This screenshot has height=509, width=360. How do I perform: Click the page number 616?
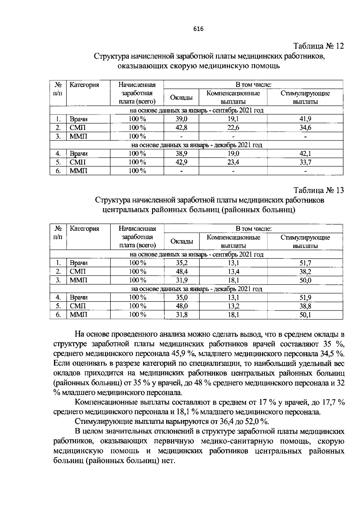tap(198, 29)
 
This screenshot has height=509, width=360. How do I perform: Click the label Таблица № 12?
tap(318, 46)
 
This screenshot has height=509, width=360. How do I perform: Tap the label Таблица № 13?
tap(318, 190)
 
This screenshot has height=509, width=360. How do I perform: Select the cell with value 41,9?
tap(305, 119)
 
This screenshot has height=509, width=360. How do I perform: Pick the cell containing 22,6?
tap(233, 128)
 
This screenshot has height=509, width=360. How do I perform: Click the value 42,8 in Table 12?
tap(181, 128)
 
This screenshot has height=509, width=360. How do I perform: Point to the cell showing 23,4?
tap(233, 162)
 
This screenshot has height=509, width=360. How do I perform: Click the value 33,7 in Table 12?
tap(305, 162)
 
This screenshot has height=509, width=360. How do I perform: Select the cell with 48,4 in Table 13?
tap(182, 272)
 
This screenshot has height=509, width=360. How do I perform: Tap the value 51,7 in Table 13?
tap(305, 263)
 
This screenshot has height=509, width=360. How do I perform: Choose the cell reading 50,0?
tap(305, 280)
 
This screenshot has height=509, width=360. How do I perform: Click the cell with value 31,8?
tap(182, 315)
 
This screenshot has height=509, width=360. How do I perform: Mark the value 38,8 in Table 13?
tap(305, 306)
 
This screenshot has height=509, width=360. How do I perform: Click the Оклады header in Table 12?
tap(181, 97)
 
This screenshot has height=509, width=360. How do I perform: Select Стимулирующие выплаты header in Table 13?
tap(305, 241)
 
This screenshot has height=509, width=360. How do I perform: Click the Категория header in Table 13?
tap(84, 229)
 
